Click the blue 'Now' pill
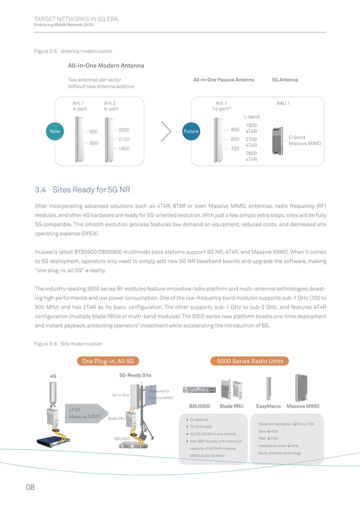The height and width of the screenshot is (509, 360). (55, 131)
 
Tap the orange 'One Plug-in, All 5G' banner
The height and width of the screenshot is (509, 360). (107, 361)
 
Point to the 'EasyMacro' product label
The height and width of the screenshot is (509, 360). (269, 406)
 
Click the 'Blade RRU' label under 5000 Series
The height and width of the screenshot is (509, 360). (231, 406)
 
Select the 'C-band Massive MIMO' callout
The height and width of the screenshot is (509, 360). (305, 141)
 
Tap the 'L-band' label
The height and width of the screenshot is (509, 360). (252, 116)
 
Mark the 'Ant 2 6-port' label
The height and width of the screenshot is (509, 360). (112, 106)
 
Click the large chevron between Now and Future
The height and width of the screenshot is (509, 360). (166, 131)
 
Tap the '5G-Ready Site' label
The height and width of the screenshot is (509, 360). (135, 375)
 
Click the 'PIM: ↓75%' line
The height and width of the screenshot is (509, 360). (268, 438)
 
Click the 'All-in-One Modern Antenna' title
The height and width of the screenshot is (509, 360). (106, 65)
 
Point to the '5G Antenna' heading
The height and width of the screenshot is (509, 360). (285, 80)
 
